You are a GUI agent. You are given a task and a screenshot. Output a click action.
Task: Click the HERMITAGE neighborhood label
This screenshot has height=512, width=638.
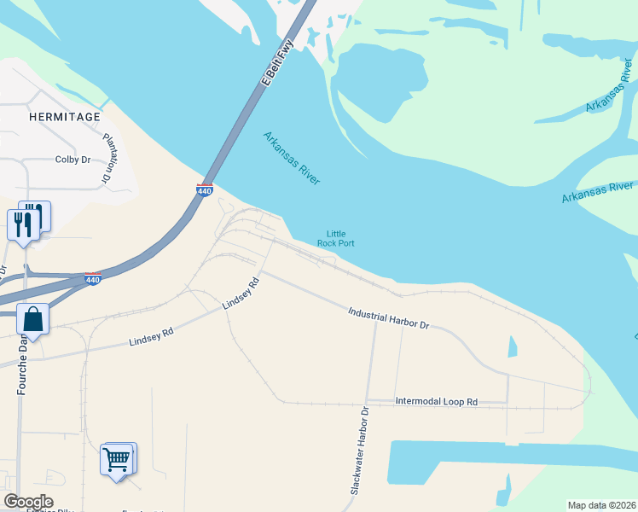tap(64, 116)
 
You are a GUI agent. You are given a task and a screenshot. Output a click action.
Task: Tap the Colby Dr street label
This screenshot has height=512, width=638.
tap(72, 160)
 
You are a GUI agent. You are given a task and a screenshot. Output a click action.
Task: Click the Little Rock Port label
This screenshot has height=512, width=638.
tap(335, 238)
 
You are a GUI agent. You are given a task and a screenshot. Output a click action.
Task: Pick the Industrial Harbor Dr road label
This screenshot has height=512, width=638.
tap(388, 319)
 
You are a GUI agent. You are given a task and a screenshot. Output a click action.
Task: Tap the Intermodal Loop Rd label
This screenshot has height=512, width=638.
tap(436, 401)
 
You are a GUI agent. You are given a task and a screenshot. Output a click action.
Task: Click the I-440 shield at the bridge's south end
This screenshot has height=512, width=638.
tap(205, 190)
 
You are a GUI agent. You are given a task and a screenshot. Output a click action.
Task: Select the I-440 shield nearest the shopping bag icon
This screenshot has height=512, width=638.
tap(94, 278)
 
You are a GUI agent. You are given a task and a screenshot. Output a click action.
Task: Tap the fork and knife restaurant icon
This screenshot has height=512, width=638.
tap(22, 224)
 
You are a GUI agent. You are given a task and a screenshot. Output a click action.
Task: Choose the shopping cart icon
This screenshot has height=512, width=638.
tap(116, 460)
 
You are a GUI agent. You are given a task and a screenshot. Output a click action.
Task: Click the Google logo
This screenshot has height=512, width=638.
tap(28, 502)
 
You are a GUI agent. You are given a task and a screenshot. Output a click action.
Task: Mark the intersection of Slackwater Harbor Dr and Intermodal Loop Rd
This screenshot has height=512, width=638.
tap(366, 402)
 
